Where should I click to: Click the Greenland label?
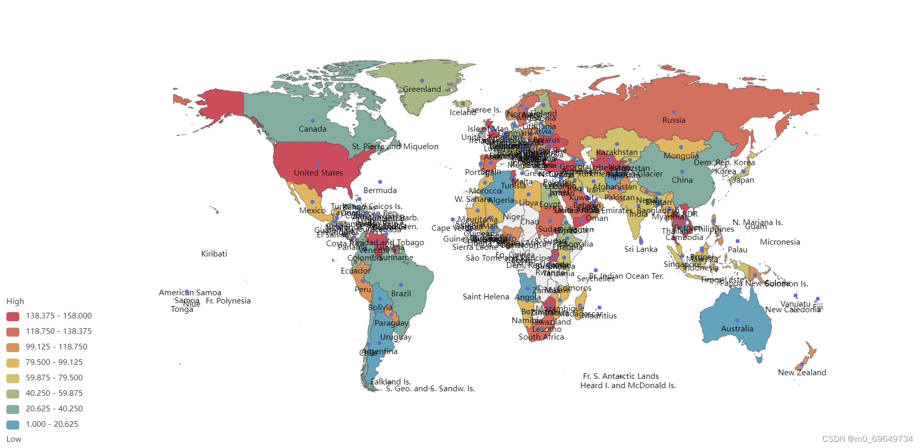422,89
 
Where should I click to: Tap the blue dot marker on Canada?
312,121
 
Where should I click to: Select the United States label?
318,173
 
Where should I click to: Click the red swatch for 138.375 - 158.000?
13,316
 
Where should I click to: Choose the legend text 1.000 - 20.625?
52,424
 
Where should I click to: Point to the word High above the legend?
15,301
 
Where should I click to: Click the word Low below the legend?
14,439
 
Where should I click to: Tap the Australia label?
737,329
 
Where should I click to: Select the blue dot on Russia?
674,111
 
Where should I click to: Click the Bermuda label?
380,190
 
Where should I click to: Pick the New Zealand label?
802,373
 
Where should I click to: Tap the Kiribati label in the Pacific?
214,254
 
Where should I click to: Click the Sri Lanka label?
641,249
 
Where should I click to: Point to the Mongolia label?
681,156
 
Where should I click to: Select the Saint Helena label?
486,297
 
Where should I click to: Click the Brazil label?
401,294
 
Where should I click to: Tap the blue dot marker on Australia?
737,320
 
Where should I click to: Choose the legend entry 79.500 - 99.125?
54,362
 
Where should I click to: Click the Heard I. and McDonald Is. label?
628,386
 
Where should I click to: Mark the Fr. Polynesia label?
228,301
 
